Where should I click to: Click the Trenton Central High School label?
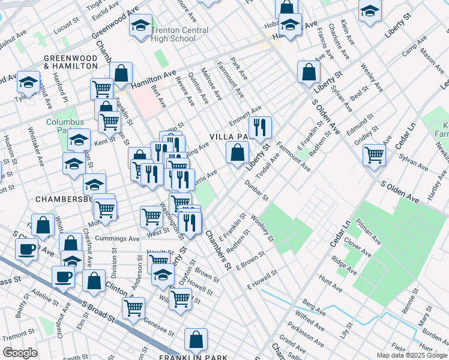pyautogui.click(x=179, y=34)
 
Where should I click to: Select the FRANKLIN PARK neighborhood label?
pyautogui.click(x=193, y=357)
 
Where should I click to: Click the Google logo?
pyautogui.click(x=20, y=353)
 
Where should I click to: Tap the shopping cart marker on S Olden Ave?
pyautogui.click(x=375, y=154)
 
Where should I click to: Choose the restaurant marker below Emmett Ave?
pyautogui.click(x=260, y=127)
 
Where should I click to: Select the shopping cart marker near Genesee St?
pyautogui.click(x=133, y=308)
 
